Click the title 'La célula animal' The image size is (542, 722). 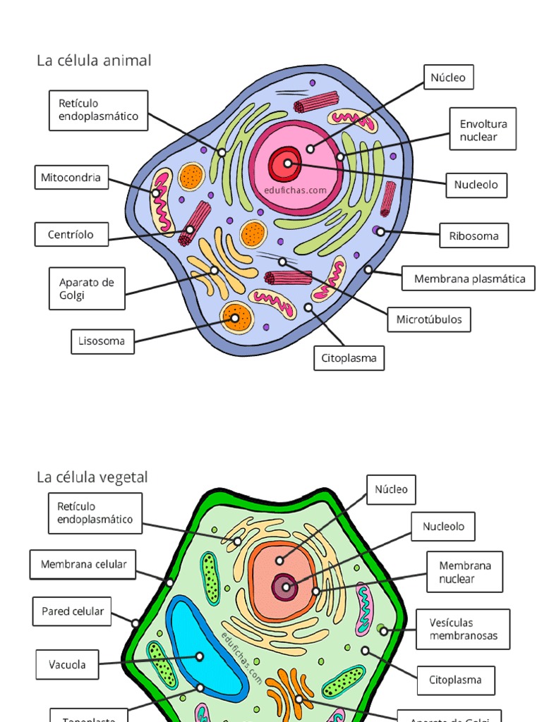pyautogui.click(x=94, y=61)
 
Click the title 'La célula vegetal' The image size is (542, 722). pyautogui.click(x=92, y=478)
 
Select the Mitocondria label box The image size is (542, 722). pyautogui.click(x=71, y=178)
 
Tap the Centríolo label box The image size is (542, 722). pyautogui.click(x=71, y=234)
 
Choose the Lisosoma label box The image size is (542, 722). pyautogui.click(x=102, y=341)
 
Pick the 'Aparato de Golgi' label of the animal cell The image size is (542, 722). pyautogui.click(x=87, y=288)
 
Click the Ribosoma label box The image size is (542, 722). pyautogui.click(x=474, y=235)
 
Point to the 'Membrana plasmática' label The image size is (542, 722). pyautogui.click(x=469, y=279)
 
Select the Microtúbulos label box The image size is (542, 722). pyautogui.click(x=429, y=319)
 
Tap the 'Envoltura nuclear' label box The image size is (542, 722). pyautogui.click(x=483, y=130)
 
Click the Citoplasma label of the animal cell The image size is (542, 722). pyautogui.click(x=349, y=358)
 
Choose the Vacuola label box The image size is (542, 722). pyautogui.click(x=68, y=664)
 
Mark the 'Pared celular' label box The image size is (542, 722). pyautogui.click(x=72, y=611)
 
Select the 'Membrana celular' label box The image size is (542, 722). pyautogui.click(x=83, y=564)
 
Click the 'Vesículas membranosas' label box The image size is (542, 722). pyautogui.click(x=463, y=629)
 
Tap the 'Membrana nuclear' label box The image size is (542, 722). pyautogui.click(x=465, y=572)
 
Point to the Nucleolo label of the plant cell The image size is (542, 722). pyautogui.click(x=443, y=527)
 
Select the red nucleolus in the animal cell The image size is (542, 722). pyautogui.click(x=286, y=164)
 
